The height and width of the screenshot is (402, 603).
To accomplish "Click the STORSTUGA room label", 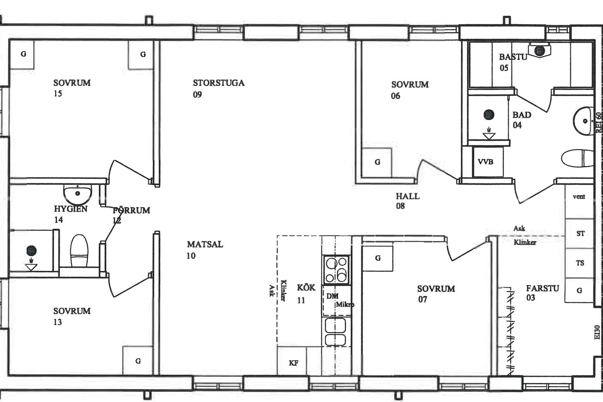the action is coord(218,83).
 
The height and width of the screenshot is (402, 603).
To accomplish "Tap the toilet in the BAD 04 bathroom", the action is coord(577,158).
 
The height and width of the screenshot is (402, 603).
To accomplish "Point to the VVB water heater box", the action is coord(488,162).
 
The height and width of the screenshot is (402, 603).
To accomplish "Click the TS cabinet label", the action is coord(580,263).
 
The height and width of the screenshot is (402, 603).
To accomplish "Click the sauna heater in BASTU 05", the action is coord(539,50).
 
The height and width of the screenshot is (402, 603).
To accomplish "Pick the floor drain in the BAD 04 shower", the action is coord(489,115).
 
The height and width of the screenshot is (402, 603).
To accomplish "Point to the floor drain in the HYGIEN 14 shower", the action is coord(31,251).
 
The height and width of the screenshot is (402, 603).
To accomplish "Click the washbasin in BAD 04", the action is coord(583,121).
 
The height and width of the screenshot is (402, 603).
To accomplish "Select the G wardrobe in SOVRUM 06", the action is coord(377,163).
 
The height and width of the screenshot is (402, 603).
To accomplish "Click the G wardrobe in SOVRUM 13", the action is coord(138,361).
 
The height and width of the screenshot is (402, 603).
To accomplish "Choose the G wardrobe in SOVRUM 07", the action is coord(378,258).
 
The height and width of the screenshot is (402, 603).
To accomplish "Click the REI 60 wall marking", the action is coord(598,123).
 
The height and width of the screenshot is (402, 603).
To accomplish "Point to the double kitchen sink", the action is coord(335,332).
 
